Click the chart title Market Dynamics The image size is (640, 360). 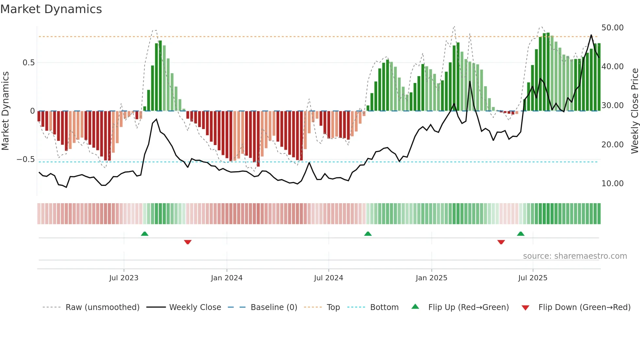(51, 9)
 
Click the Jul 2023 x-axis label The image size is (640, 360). (124, 278)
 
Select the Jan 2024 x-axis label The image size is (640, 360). (227, 278)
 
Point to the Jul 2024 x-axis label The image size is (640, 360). (328, 278)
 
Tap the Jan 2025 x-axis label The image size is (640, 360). (431, 278)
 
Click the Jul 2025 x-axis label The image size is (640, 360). (533, 278)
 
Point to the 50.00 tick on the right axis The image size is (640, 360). (612, 28)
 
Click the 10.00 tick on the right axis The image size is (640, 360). (612, 184)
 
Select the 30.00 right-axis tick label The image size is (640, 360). (612, 106)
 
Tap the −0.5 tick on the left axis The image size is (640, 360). (25, 159)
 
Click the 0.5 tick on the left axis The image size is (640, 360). (28, 63)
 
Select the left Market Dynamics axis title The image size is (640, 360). (5, 111)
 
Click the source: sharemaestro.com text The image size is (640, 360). (575, 256)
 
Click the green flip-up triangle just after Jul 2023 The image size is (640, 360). (145, 234)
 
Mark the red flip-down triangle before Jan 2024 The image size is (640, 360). (188, 242)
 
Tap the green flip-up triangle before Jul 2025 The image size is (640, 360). (520, 234)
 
